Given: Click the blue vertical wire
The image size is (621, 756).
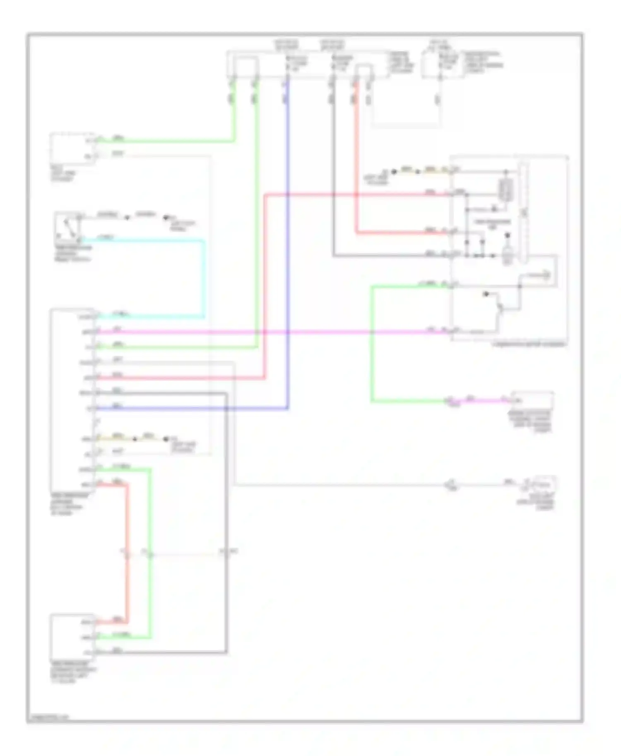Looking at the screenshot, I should [287, 248].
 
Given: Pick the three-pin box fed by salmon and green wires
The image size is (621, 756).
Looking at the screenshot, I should [72, 637].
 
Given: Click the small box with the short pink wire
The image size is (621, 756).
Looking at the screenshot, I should [532, 400].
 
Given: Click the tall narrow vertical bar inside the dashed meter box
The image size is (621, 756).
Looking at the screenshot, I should [524, 213].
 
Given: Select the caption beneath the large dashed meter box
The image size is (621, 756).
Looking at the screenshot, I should [529, 344].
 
